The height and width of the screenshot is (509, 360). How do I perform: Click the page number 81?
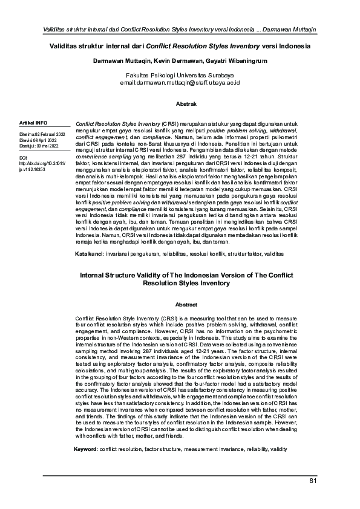click(313, 481)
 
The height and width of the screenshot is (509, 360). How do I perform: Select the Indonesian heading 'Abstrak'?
click(180, 104)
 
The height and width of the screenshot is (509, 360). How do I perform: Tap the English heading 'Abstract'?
click(180, 304)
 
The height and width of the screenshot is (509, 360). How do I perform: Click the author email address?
click(180, 81)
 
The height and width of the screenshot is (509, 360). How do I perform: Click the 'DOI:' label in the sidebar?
click(24, 158)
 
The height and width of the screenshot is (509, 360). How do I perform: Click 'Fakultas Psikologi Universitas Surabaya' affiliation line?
click(180, 74)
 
